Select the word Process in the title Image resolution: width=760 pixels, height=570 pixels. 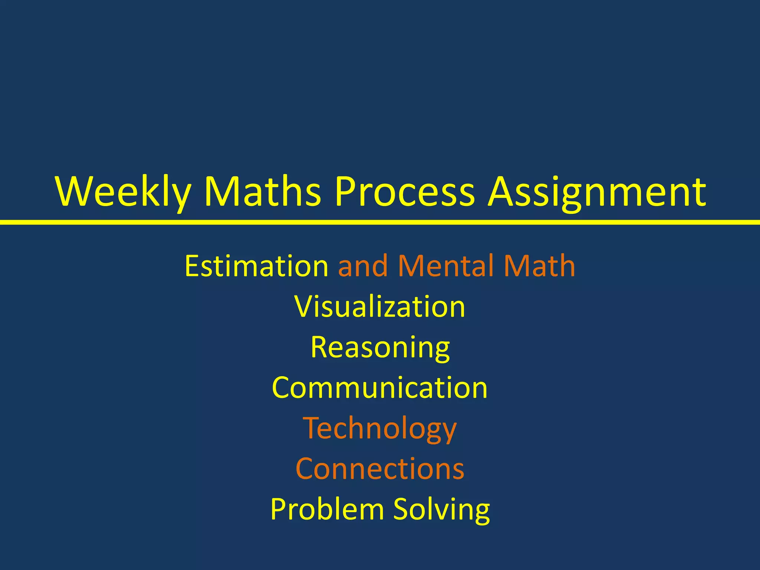point(404,191)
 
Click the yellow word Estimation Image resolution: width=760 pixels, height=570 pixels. point(256,266)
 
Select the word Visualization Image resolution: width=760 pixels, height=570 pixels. point(380,307)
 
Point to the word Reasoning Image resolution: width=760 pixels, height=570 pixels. point(380,348)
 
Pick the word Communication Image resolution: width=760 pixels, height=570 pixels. point(380,388)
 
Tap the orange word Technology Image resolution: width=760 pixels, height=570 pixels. point(380,429)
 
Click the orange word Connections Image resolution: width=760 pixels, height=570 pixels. point(380,469)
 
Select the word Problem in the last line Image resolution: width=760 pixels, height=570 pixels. point(327,509)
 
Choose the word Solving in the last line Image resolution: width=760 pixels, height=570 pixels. point(441,510)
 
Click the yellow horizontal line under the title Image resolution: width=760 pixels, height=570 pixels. point(380,222)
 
